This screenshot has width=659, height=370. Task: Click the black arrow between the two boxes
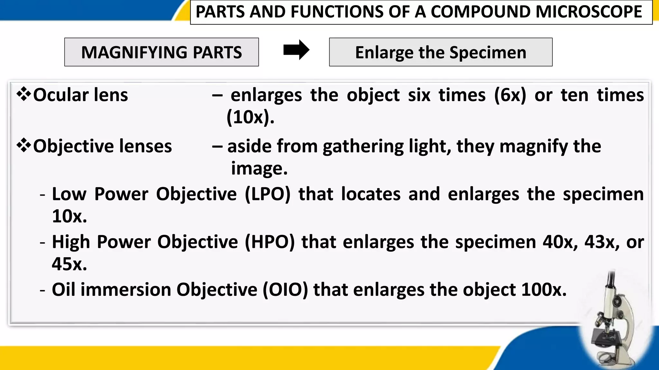click(x=296, y=50)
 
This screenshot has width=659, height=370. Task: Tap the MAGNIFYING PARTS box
click(x=162, y=52)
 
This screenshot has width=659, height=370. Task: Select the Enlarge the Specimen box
click(x=441, y=52)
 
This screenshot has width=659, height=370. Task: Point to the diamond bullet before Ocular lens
click(x=24, y=95)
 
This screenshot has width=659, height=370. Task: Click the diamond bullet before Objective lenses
click(x=24, y=146)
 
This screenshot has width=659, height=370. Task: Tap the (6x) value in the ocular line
click(x=510, y=95)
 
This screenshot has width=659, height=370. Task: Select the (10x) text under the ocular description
click(x=250, y=117)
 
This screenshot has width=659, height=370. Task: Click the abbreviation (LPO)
click(x=267, y=194)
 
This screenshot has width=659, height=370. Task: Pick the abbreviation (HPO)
click(x=270, y=242)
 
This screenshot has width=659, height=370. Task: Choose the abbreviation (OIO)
click(x=285, y=290)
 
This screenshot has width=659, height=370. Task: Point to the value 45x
click(x=69, y=264)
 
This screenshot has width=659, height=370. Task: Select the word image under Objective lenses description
click(x=259, y=169)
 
